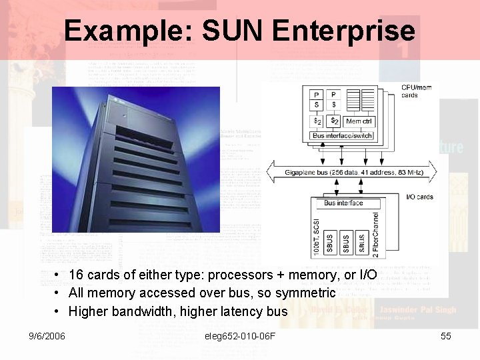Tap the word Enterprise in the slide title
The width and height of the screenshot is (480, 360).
344,31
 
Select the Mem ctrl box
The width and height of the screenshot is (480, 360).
359,121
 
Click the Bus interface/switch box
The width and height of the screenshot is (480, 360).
343,136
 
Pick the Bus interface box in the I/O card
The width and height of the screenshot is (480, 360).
343,203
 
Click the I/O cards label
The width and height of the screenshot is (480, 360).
420,197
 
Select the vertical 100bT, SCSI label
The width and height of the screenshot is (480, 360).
316,237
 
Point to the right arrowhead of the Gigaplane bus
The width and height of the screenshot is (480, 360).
434,172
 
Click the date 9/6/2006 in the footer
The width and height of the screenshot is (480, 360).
47,336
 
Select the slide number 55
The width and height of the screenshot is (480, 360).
446,336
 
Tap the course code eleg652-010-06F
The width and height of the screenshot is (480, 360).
241,336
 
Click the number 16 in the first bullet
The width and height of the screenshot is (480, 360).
76,275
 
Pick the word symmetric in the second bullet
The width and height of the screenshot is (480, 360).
305,293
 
